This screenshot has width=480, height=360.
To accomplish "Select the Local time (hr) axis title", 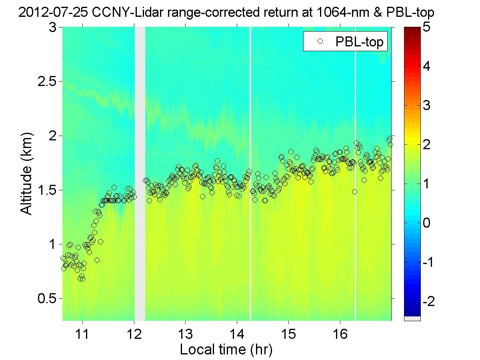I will point(226,349).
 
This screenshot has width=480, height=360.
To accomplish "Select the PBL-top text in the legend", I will point(360,42).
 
